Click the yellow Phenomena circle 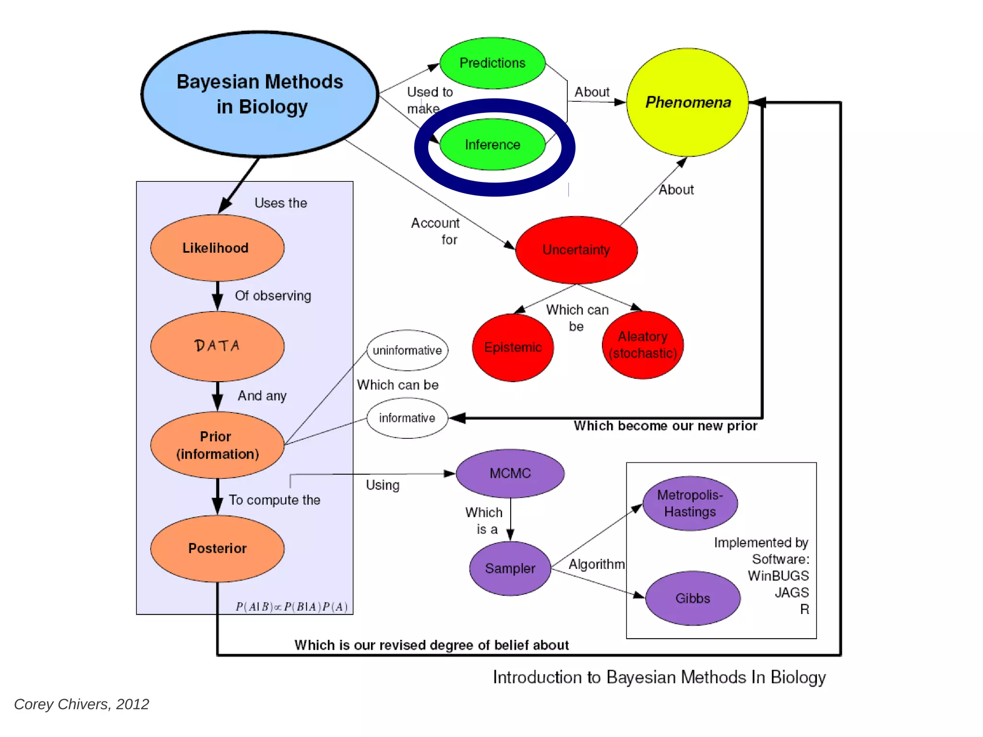tap(687, 102)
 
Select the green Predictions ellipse tap(492, 63)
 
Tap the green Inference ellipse tap(492, 145)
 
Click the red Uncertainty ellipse tap(576, 250)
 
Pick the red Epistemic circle tap(513, 347)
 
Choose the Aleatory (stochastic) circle tap(643, 345)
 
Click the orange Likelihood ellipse tap(217, 248)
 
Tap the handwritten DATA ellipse tap(217, 346)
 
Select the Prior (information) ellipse tap(217, 445)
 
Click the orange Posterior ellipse tap(217, 548)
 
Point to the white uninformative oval tap(407, 350)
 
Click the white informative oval tap(407, 418)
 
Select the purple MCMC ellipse tap(510, 473)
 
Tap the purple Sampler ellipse tap(510, 568)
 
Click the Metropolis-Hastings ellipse tap(690, 503)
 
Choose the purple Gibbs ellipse tap(693, 598)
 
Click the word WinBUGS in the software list tap(778, 576)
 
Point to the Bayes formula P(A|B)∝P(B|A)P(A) tap(291, 607)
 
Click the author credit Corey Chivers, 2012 tap(82, 704)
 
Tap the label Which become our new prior tap(665, 426)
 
